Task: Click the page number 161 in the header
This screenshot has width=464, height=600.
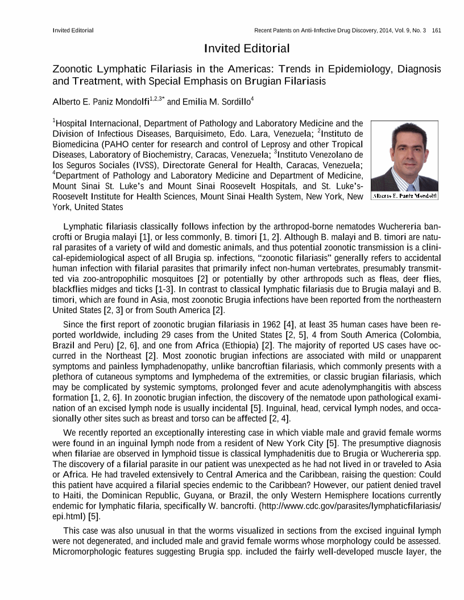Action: point(436,30)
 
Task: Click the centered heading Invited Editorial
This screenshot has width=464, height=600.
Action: point(247,48)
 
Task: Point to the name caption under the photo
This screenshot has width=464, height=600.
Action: point(404,196)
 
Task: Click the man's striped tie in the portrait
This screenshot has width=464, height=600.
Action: point(411,181)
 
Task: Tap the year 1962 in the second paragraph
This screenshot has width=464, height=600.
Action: point(246,324)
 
